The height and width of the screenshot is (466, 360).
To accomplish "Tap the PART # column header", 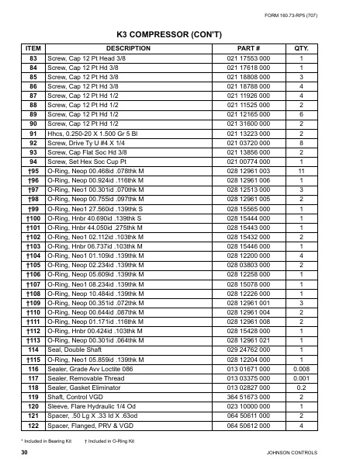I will pos(247,48).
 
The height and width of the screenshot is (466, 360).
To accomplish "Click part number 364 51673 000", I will pos(247,397).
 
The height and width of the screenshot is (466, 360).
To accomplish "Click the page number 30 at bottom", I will pos(25,451).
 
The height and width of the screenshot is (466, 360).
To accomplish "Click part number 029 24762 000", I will pos(247,350).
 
